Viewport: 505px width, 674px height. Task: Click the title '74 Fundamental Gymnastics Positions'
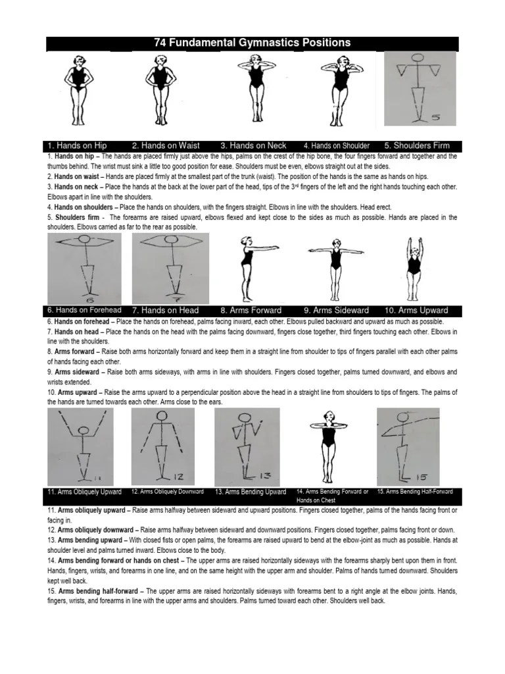pos(252,43)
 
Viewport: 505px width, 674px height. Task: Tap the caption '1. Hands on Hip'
pos(77,145)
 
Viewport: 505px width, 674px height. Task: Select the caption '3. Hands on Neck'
pos(253,145)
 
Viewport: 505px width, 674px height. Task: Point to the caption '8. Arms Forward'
pos(251,310)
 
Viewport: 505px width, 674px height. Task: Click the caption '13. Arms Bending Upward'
pos(251,492)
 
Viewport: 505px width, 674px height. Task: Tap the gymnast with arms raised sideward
pos(336,267)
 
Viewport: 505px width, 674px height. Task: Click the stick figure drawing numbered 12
pos(162,446)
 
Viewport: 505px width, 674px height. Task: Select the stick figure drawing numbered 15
pos(408,446)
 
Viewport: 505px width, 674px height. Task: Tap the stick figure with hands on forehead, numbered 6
pos(84,267)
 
